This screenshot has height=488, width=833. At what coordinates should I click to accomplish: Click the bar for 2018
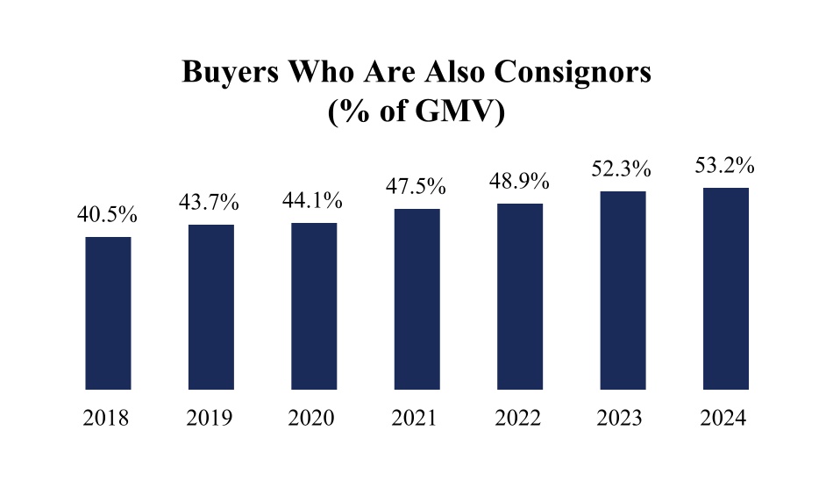(108, 312)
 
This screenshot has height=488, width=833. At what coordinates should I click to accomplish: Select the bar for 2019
(210, 306)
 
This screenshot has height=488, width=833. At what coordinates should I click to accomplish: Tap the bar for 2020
(314, 305)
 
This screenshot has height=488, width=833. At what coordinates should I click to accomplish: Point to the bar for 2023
(623, 290)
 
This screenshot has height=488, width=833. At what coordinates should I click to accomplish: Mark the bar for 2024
(725, 288)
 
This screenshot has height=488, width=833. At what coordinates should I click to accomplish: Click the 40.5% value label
(108, 215)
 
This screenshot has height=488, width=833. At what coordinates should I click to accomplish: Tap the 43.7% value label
(210, 203)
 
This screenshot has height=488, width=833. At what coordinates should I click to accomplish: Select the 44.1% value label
(314, 201)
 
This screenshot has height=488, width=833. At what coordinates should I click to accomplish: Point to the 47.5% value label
(416, 187)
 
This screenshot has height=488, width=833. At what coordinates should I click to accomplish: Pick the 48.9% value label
(520, 182)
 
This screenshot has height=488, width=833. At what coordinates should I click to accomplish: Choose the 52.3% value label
(623, 169)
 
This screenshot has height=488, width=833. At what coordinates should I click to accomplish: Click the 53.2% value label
(725, 165)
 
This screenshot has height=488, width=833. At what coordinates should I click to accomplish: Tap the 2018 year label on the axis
(107, 419)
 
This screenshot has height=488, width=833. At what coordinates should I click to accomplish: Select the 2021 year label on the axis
(416, 419)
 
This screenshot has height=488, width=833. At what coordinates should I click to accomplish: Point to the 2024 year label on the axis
(725, 419)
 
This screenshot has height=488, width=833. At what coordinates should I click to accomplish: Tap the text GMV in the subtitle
(457, 111)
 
